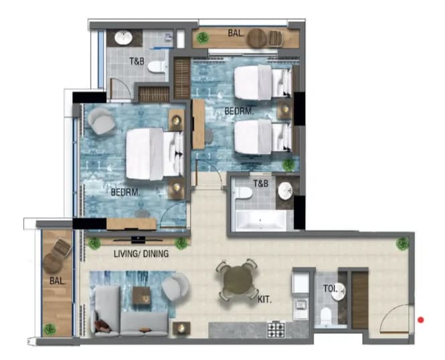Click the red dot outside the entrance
pos(421,320)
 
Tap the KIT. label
pos(264,300)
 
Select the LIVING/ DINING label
pos(141,254)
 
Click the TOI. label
pos(331,289)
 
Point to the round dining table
pos(238,280)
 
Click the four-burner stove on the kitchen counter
pos(276,329)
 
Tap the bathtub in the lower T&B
pos(261,221)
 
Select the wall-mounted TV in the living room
pos(139,240)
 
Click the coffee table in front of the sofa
pos(141,295)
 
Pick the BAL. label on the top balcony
pos(236,33)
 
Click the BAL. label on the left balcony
pos(58,281)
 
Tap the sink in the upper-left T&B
pos(123,38)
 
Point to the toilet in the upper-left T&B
pos(157,66)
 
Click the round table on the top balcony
pos(257,38)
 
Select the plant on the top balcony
pos(203,37)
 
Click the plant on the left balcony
pos(50,329)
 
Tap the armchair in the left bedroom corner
pos(101,121)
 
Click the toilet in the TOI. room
pos(326,316)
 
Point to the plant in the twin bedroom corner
pos(288,165)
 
